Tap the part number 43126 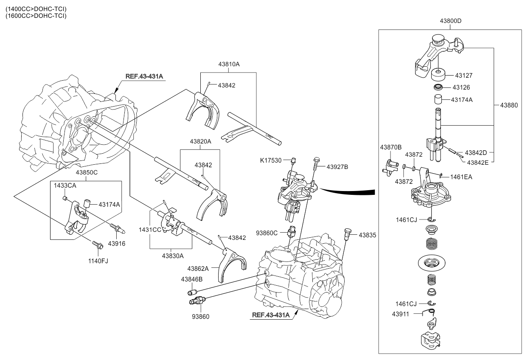461,87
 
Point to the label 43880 508,104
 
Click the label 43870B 390,147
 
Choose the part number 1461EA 461,177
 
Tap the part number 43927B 337,167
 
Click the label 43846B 192,279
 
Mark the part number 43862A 198,268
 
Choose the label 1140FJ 98,261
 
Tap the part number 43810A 229,64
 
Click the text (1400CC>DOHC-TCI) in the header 36,9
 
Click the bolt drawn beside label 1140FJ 97,245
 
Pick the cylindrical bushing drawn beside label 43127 438,76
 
